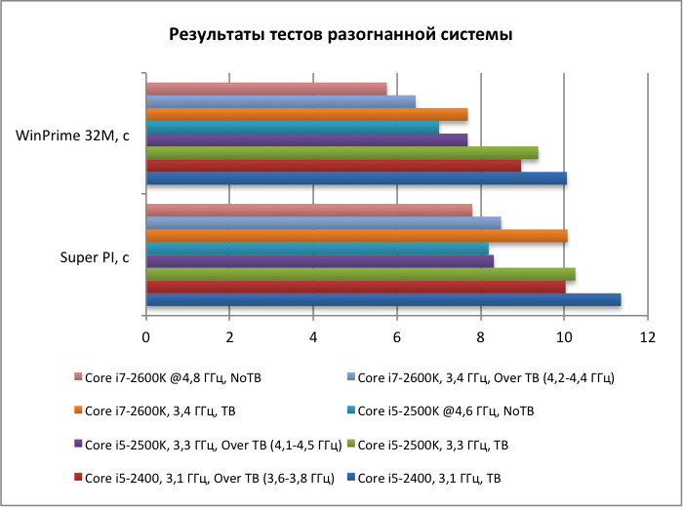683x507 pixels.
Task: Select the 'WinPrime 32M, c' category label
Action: click(73, 136)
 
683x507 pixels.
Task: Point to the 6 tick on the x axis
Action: click(396, 336)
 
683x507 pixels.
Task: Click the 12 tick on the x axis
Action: click(647, 336)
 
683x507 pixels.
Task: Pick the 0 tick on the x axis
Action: click(145, 336)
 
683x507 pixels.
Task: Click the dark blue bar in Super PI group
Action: click(382, 299)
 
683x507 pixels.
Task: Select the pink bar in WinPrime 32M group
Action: click(266, 89)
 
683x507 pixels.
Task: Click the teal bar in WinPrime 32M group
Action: click(292, 127)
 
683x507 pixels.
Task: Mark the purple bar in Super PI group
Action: click(319, 260)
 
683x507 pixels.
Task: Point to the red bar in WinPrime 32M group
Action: click(333, 165)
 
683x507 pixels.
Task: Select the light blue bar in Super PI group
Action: click(323, 222)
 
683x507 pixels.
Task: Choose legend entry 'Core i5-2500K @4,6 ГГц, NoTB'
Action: click(452, 410)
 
